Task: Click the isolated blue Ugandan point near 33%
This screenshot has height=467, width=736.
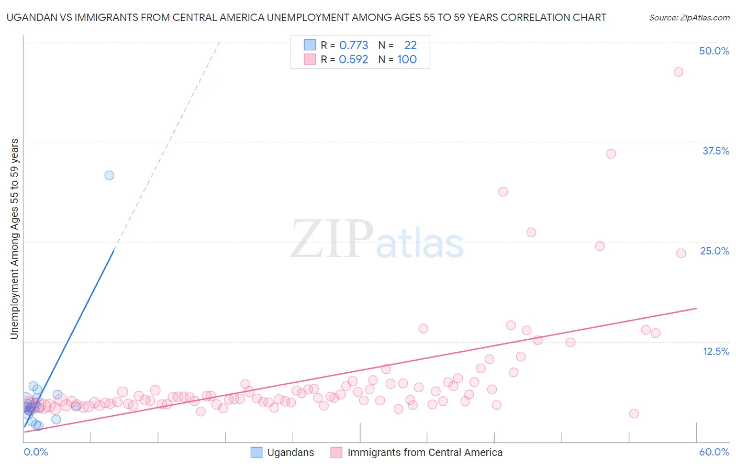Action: pos(109,175)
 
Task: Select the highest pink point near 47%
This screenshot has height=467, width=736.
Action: pos(678,72)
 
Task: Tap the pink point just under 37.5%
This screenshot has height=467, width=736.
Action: pos(611,153)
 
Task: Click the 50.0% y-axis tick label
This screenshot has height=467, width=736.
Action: pos(714,51)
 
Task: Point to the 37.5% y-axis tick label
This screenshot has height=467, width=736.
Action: pos(716,151)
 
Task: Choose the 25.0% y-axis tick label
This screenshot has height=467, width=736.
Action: pos(715,251)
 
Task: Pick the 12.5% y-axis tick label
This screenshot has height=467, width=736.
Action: pos(716,351)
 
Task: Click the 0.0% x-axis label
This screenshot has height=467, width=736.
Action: pos(36,452)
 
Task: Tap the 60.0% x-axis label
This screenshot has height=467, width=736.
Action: pos(714,452)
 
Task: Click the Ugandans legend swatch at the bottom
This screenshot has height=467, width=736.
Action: pos(257,453)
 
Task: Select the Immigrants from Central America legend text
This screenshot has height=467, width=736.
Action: pos(425,453)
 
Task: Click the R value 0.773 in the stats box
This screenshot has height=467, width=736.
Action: pos(353,45)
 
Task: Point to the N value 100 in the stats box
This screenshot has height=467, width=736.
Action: pos(407,59)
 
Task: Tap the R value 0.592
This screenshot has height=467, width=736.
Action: pos(353,59)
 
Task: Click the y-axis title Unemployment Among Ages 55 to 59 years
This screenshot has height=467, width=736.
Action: pos(14,239)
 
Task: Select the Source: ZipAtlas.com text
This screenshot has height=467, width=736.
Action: pos(689,17)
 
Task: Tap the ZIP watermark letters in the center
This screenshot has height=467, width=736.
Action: pos(332,239)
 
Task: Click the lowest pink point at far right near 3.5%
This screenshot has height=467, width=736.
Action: pos(633,414)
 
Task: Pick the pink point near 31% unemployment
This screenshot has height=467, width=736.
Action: pos(503,192)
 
